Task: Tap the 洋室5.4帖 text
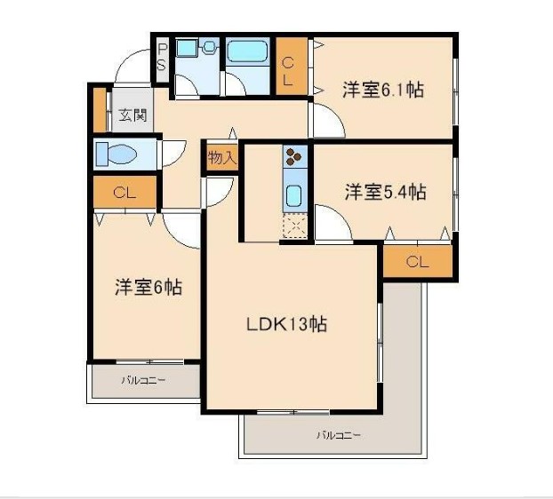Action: (384, 191)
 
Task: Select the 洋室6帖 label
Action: (148, 288)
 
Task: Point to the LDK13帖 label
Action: (286, 324)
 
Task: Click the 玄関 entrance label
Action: (133, 115)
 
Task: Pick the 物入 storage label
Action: (221, 158)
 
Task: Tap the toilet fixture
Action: (116, 154)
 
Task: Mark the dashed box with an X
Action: (294, 226)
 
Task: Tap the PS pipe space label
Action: (162, 59)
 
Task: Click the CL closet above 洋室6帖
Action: (124, 191)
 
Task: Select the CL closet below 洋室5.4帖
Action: (417, 261)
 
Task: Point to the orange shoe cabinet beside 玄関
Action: (99, 108)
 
